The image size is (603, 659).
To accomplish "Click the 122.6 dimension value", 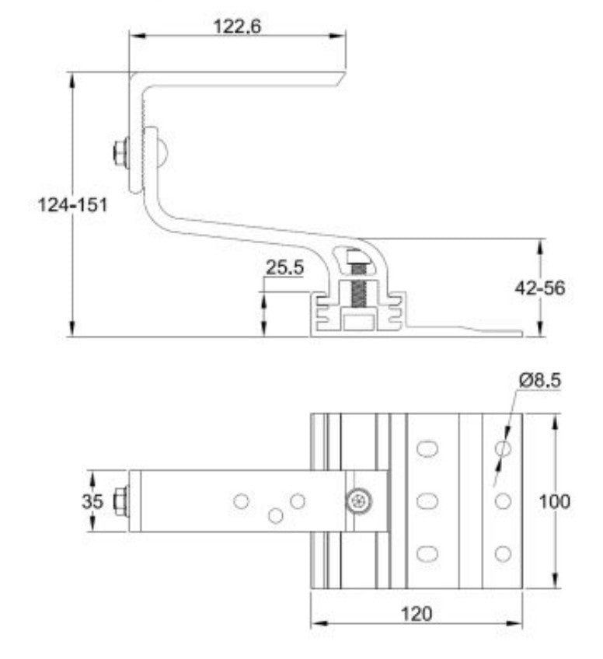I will click(x=237, y=26).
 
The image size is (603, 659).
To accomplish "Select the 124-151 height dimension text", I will click(x=73, y=206).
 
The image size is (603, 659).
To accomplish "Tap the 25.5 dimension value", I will click(x=284, y=268).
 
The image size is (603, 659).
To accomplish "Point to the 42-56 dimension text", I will click(x=539, y=288).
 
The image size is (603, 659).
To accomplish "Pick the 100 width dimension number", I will click(x=554, y=501).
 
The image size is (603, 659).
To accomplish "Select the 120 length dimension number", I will click(x=417, y=613).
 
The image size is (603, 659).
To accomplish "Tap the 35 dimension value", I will click(x=92, y=501).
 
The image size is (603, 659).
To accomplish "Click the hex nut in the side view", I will click(x=120, y=152).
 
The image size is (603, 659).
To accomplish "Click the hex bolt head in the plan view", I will click(x=120, y=501).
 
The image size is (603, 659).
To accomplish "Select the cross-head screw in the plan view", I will click(x=358, y=502).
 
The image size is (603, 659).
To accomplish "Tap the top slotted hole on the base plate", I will click(x=427, y=448).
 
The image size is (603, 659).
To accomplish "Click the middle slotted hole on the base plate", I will click(x=427, y=501).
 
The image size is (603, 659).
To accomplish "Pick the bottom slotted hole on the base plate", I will click(x=427, y=553).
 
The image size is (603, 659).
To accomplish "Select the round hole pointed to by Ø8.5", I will click(x=503, y=448).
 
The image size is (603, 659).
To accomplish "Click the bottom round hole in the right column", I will click(x=503, y=553).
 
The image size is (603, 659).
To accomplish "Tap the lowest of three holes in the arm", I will click(x=275, y=514).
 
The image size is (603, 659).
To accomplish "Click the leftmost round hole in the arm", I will click(x=242, y=501).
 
